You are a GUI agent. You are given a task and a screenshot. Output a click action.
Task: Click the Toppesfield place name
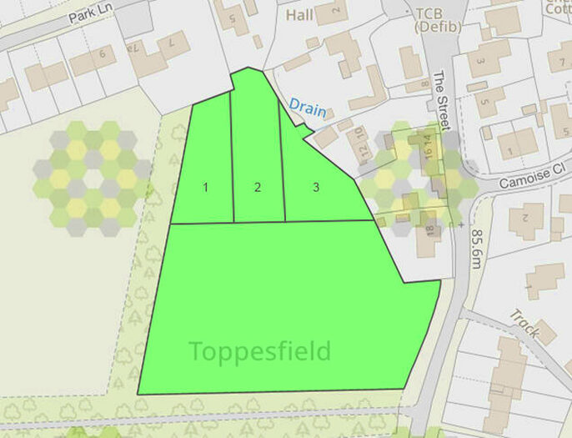pyautogui.click(x=259, y=351)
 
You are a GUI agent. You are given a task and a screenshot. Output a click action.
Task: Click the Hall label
pyautogui.click(x=300, y=15)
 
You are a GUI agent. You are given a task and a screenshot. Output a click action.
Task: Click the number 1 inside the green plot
pyautogui.click(x=205, y=187)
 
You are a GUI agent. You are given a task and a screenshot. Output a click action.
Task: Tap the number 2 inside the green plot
pyautogui.click(x=258, y=187)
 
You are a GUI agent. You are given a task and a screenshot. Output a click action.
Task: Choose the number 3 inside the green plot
pyautogui.click(x=316, y=187)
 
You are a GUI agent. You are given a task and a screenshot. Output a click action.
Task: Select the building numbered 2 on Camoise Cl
pyautogui.click(x=526, y=219)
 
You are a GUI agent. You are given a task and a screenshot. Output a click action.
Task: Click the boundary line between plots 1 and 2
pyautogui.click(x=232, y=159)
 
